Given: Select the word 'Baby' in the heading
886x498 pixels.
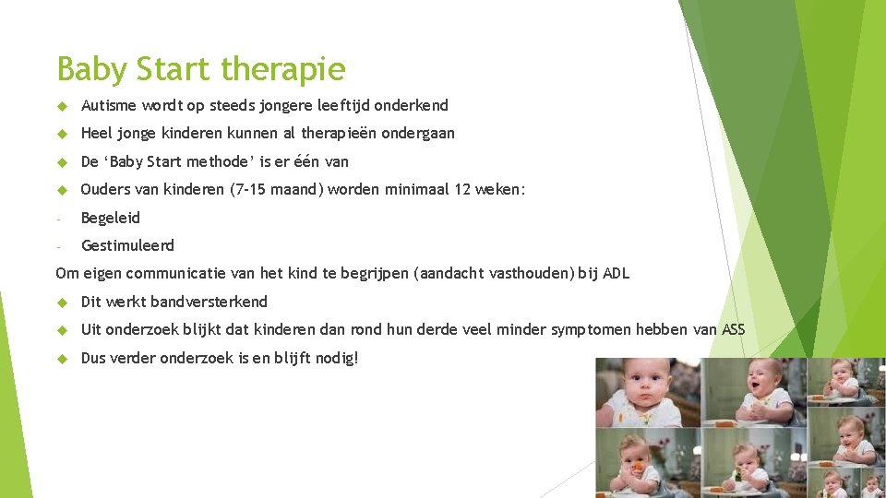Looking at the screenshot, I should click(93, 69).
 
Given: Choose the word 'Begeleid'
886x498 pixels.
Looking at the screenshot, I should click(111, 218).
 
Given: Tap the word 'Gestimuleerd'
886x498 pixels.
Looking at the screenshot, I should click(127, 245).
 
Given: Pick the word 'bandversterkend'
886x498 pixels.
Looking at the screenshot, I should click(209, 302).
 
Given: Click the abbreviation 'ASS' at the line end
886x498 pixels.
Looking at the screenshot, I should click(733, 329).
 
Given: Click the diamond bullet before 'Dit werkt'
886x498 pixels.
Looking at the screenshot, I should click(62, 302).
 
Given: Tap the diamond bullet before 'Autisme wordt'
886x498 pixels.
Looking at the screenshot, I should click(62, 105).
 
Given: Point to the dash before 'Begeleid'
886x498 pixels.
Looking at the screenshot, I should click(58, 219).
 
